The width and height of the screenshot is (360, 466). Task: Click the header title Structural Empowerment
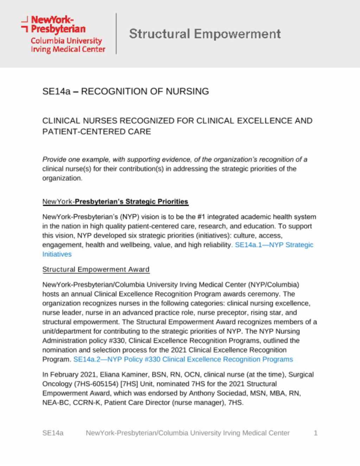205,34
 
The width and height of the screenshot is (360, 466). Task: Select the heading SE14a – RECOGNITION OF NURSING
126,91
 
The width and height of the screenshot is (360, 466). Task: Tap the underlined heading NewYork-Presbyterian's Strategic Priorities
115,202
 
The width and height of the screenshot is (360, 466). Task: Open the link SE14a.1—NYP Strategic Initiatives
274,245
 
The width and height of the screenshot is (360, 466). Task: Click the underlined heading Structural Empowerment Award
96,269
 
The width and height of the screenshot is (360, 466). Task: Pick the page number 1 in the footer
316,433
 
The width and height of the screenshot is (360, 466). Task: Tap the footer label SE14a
53,433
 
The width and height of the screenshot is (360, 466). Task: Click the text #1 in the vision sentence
201,217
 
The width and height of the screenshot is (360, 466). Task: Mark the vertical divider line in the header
116,34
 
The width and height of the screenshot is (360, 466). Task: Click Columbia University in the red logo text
66,41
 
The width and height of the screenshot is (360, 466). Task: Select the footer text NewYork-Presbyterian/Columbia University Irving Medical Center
188,433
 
